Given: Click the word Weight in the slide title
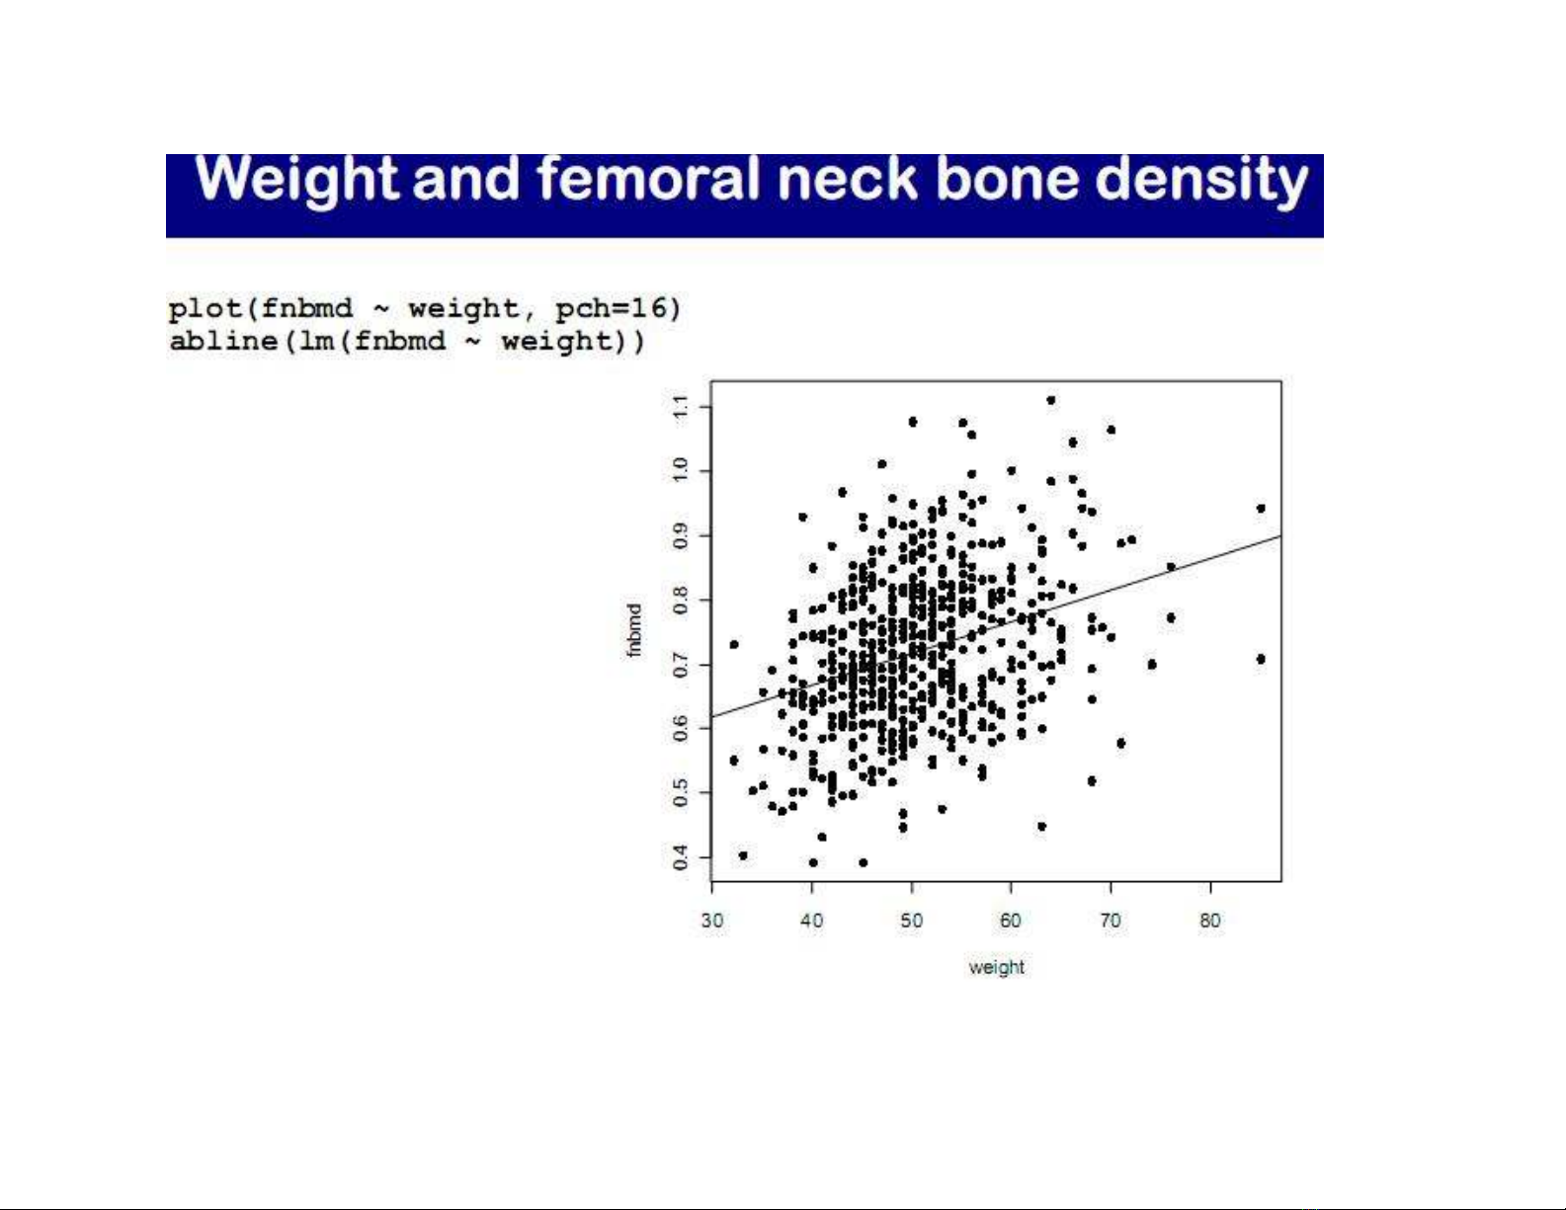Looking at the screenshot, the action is click(x=295, y=180).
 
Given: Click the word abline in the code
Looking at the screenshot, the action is click(x=223, y=340).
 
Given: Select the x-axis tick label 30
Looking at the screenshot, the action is click(x=712, y=921).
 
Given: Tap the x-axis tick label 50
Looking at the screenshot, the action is click(x=912, y=921).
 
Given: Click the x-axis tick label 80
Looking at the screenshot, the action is click(x=1210, y=921).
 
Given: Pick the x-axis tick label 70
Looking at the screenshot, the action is click(x=1111, y=921).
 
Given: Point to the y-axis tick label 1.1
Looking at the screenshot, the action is click(x=680, y=407).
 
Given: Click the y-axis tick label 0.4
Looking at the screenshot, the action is click(x=680, y=857).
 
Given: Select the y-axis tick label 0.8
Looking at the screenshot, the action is click(x=680, y=600).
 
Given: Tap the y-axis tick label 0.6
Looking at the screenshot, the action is click(x=680, y=729).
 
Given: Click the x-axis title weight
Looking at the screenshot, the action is click(x=997, y=967).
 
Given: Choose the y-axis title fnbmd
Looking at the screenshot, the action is click(x=633, y=630).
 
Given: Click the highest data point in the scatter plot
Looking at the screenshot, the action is click(x=1050, y=400).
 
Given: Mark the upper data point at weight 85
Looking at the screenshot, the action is click(x=1261, y=509).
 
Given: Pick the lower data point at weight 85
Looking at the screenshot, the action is click(x=1261, y=659).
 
